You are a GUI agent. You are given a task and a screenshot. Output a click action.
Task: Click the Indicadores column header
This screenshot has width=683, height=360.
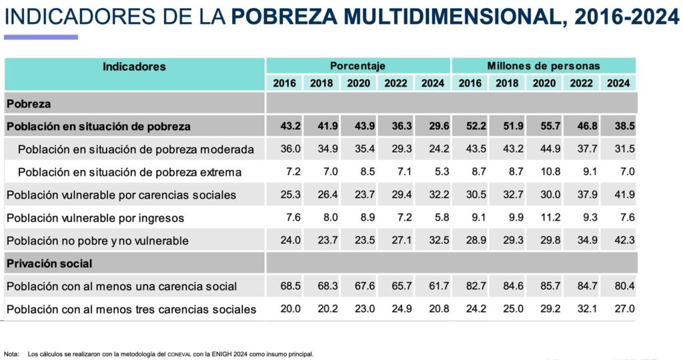point(134,67)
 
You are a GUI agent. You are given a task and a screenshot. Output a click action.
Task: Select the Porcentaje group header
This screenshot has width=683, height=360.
point(358,66)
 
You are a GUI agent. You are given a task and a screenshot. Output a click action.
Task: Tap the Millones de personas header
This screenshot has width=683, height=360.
point(543,66)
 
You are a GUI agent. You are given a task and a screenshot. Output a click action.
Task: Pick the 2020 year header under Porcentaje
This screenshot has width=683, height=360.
point(358,83)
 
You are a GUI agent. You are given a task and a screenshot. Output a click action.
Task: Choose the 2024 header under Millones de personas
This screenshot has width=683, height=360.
point(618,83)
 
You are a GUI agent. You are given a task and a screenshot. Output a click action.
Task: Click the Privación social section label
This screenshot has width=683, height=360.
point(49,263)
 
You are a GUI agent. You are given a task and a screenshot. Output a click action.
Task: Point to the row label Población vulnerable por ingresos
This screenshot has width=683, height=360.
point(95,217)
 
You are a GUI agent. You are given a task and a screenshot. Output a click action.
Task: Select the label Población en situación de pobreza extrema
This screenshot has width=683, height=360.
point(129,172)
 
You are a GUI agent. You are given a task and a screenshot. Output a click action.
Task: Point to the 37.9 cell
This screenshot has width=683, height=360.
point(582,195)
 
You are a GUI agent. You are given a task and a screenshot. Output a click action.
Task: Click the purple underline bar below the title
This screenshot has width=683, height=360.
point(41,37)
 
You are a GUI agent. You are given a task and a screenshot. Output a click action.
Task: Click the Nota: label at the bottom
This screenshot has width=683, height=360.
point(11,354)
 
